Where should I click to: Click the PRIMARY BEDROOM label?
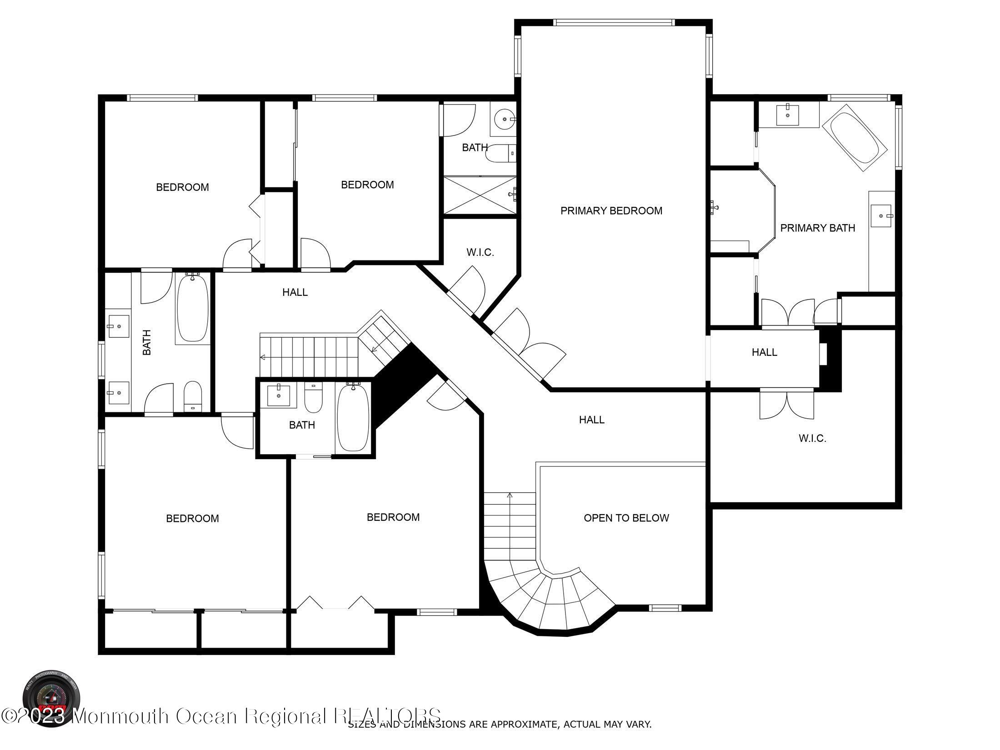(x=611, y=211)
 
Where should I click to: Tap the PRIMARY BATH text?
(x=817, y=228)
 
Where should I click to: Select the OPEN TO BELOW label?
(x=626, y=518)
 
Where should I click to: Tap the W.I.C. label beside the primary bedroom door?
(x=480, y=253)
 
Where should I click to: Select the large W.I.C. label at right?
(x=812, y=439)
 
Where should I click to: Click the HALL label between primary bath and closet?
(x=764, y=352)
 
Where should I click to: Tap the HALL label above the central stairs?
(x=295, y=292)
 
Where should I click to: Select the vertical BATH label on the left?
(x=147, y=342)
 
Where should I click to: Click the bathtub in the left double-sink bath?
(x=192, y=308)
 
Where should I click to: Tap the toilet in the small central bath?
(x=313, y=398)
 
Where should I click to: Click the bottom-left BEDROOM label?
(x=192, y=519)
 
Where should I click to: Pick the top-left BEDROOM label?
(x=182, y=187)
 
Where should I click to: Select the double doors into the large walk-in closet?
(x=786, y=404)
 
